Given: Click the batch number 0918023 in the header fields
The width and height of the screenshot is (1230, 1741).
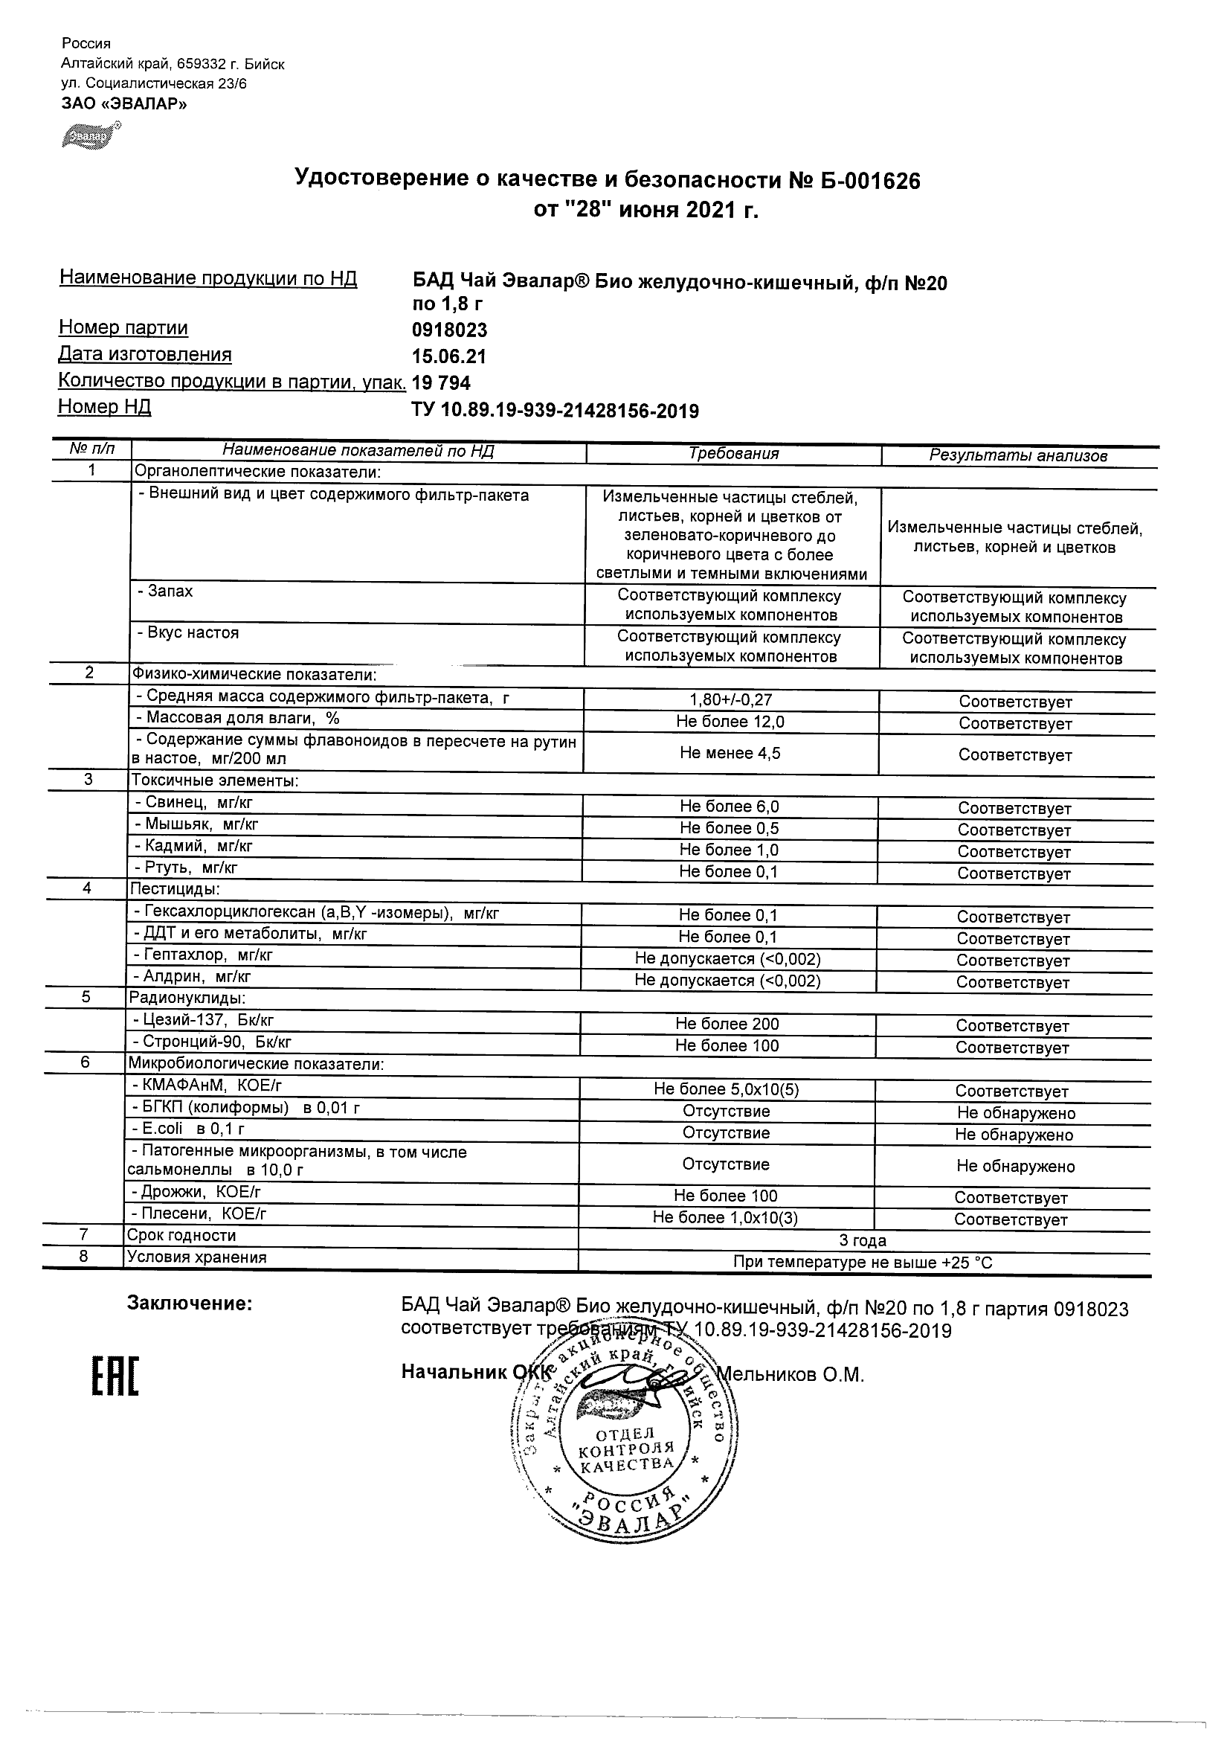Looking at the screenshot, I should point(449,330).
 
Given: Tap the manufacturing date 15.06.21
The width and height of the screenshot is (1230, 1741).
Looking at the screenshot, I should point(448,356).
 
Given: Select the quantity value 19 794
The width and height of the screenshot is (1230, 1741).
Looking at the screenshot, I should point(441,383).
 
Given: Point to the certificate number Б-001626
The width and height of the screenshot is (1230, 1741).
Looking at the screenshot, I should point(866,181).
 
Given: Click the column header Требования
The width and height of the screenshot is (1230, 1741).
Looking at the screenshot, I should point(732,453).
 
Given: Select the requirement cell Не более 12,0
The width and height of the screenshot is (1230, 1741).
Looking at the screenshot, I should point(730,722).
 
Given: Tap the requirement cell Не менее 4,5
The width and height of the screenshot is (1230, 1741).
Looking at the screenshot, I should point(730,753).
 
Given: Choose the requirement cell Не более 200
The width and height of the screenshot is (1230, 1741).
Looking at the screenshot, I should point(727,1024).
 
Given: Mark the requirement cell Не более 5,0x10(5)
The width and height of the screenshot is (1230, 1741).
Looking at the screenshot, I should point(726,1090).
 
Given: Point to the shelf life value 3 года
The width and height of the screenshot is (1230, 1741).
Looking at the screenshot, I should point(863,1240).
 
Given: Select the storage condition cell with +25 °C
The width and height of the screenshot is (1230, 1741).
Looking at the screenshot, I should point(863,1263).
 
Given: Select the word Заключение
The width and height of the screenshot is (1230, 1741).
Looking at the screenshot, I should point(190,1304).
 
